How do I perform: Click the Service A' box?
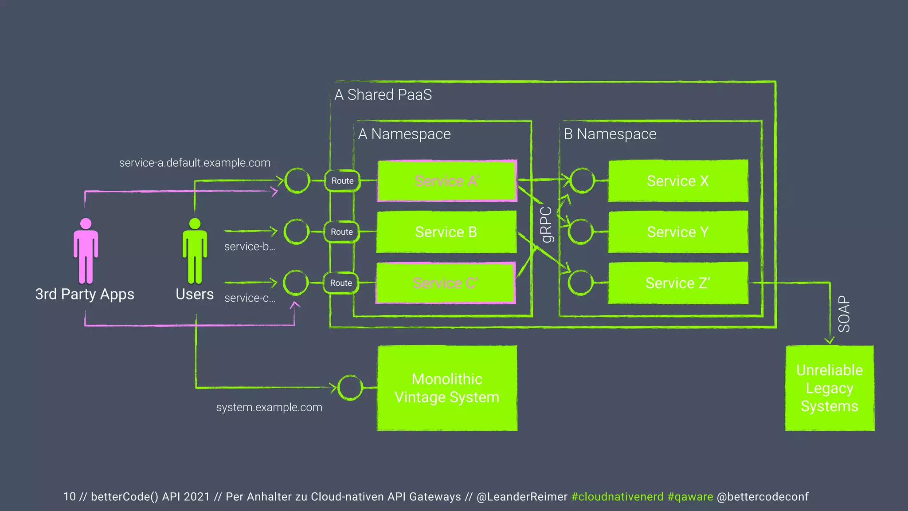tap(447, 181)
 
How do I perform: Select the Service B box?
tap(446, 232)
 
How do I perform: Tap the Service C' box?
tap(445, 283)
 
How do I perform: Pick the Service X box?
tap(678, 181)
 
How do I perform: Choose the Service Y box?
tap(678, 232)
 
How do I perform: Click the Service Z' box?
tap(678, 283)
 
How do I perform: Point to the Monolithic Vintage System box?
tap(447, 388)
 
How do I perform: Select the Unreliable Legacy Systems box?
tap(830, 388)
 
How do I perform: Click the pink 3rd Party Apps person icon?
tap(86, 251)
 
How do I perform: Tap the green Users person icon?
tap(195, 251)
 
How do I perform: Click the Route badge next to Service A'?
tap(342, 181)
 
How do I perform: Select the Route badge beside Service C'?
tap(341, 283)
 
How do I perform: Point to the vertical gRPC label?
tap(547, 225)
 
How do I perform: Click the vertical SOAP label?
tap(844, 314)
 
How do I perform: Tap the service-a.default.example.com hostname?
tap(195, 163)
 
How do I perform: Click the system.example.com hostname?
tap(269, 407)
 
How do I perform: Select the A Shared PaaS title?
tap(383, 94)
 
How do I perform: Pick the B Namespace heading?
tap(610, 134)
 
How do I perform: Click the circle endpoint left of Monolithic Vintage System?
tap(350, 388)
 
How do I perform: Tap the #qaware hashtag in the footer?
tap(690, 497)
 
